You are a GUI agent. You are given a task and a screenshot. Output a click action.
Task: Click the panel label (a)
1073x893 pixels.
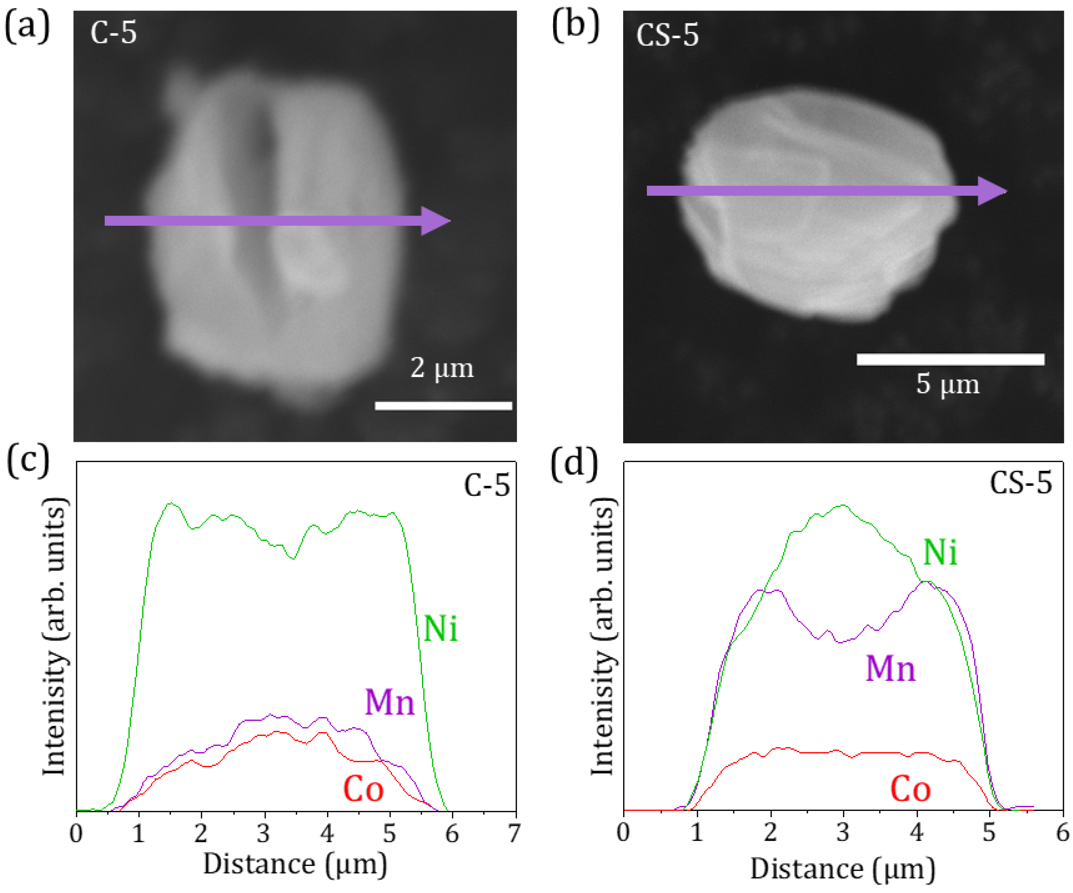(x=27, y=27)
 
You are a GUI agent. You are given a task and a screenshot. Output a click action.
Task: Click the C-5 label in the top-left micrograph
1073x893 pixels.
(x=114, y=33)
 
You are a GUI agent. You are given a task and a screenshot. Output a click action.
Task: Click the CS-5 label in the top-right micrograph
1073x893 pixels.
(x=667, y=36)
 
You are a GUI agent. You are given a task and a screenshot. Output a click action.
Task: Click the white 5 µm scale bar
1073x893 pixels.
(x=950, y=359)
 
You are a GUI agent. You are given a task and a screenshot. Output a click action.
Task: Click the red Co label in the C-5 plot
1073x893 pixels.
(x=363, y=789)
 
